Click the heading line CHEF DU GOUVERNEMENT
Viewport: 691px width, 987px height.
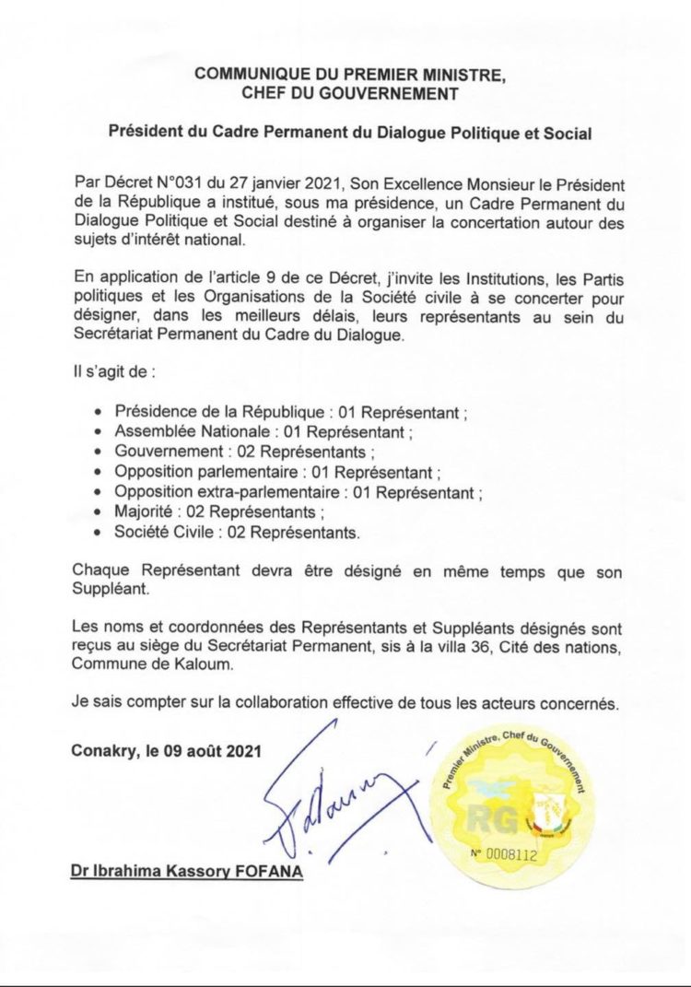pos(349,92)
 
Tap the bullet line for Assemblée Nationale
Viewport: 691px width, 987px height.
pos(263,431)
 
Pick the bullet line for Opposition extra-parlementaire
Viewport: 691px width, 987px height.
pos(297,492)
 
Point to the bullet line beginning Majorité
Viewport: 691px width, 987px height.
pos(219,512)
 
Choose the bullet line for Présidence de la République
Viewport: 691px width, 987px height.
pos(285,411)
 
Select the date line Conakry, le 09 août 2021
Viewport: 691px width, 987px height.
pos(167,750)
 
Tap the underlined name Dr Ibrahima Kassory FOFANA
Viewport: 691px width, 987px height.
pos(186,870)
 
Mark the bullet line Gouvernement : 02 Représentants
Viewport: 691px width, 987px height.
pos(244,452)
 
